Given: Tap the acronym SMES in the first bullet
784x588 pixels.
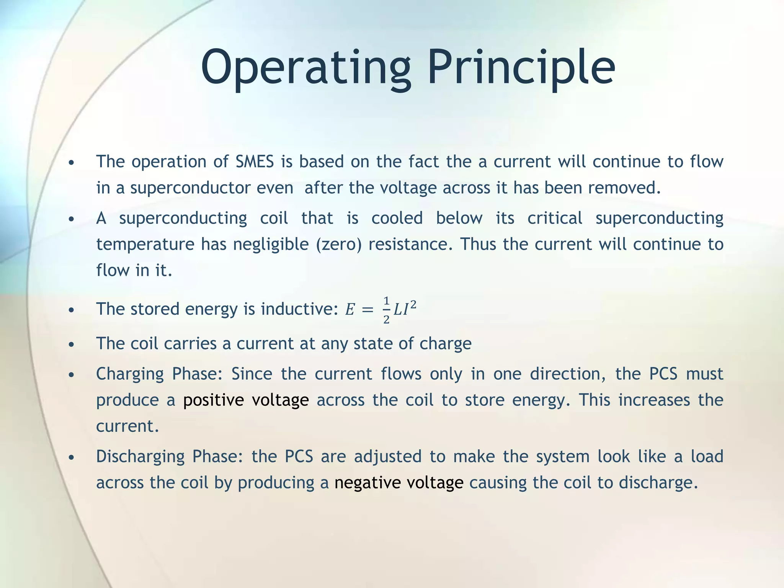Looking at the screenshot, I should tap(255, 162).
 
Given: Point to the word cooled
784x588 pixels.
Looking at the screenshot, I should tap(397, 218).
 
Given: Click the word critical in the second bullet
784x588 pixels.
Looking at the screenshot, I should tap(555, 218).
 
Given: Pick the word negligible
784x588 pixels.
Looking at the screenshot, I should tap(271, 244).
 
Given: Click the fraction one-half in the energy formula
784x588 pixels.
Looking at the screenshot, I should tap(386, 310).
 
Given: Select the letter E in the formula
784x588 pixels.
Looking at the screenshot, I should tap(350, 310).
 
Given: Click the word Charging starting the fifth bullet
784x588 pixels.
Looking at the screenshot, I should tap(130, 374).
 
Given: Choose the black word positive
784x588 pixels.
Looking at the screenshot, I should tap(213, 400).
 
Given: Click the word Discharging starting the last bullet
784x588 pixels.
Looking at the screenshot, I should tap(140, 457).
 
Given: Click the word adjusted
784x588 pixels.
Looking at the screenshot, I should tap(387, 457).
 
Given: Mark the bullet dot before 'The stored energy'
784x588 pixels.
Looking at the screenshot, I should tap(71, 310).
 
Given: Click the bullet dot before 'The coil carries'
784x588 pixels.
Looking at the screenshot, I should tap(71, 345).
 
